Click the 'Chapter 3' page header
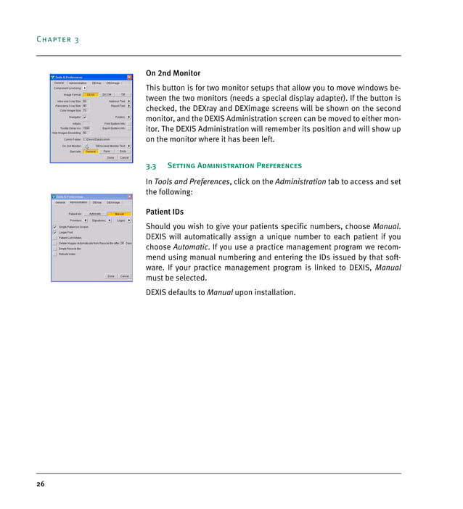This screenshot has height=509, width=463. click(59, 39)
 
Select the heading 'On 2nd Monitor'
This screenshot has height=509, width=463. click(173, 73)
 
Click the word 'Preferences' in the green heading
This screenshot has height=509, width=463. click(279, 165)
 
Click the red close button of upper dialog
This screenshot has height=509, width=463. click(129, 77)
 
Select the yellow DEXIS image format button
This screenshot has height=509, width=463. click(90, 94)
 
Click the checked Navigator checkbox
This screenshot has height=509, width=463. click(85, 116)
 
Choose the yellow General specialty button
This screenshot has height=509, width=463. click(90, 151)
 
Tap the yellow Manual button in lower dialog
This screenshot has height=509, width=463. click(119, 214)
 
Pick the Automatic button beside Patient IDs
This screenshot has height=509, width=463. click(94, 214)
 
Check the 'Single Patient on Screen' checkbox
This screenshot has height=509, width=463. click(55, 226)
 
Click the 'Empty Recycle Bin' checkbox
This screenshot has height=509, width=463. click(55, 248)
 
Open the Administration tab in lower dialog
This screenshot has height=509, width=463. click(78, 202)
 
